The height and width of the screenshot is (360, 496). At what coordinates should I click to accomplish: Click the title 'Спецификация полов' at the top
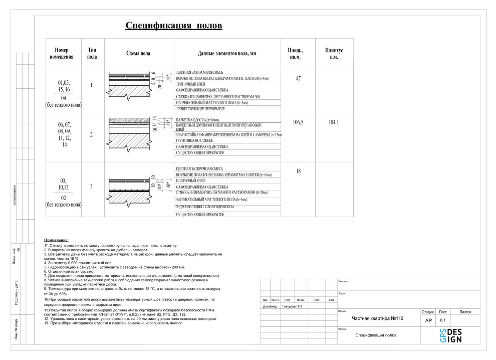click(x=173, y=26)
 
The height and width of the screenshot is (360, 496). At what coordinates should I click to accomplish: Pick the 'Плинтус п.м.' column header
click(x=334, y=54)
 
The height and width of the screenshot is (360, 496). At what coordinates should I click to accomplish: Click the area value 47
click(x=298, y=79)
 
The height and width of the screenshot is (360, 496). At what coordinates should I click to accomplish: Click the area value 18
click(x=298, y=171)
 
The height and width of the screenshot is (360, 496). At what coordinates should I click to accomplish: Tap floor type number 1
click(x=91, y=85)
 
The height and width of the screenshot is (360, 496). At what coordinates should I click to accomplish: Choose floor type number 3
click(x=91, y=187)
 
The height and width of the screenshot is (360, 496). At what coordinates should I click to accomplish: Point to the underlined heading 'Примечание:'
click(x=57, y=241)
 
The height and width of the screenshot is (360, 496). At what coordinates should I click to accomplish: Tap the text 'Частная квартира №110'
click(x=378, y=318)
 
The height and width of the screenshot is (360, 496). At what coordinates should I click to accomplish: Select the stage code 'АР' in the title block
click(x=428, y=320)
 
